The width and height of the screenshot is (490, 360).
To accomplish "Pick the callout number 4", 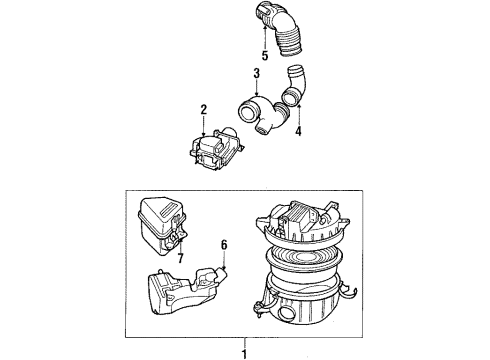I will pos(298,128).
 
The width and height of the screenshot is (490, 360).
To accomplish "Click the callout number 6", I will pos(225,244).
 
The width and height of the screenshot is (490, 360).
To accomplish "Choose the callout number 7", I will pos(182,259).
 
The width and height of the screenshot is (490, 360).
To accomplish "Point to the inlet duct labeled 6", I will pos(184,289).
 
